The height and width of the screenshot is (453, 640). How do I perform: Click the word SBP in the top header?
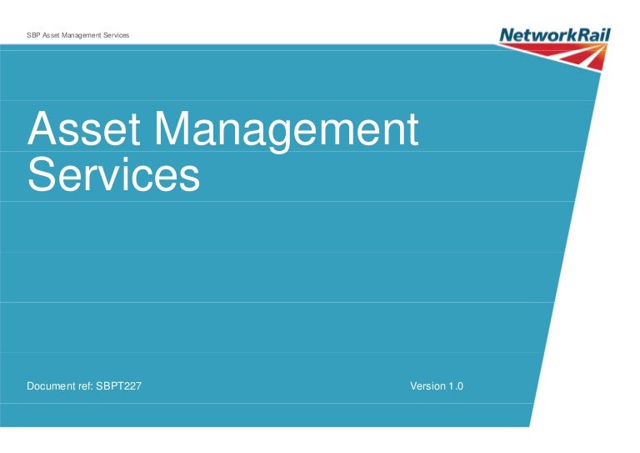coord(32,35)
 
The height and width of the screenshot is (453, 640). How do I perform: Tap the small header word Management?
coord(82,35)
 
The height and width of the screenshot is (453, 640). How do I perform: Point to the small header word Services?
coord(116,35)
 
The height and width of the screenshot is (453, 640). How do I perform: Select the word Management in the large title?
coord(287,131)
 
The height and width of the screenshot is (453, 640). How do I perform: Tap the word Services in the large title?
coord(113,174)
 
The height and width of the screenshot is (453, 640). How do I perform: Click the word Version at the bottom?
coord(428,386)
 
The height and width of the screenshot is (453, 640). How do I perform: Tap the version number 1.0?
coord(456,386)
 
